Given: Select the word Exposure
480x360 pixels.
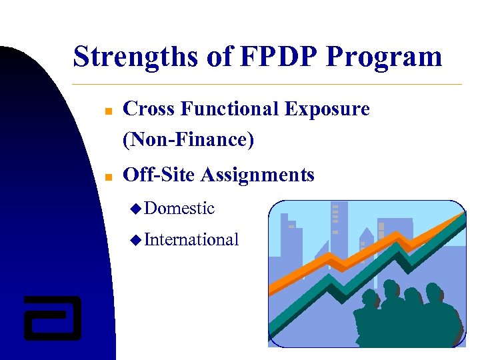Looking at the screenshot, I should [x=327, y=109].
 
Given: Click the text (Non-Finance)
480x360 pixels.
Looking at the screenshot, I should [x=189, y=139].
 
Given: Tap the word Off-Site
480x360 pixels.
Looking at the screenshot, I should [x=159, y=175].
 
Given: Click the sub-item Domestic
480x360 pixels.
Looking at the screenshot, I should [x=179, y=208].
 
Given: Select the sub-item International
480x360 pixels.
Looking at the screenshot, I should [x=191, y=239].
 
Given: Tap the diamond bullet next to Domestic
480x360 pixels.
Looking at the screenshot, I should [x=135, y=209].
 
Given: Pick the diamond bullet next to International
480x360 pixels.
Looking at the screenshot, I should [x=135, y=240].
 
